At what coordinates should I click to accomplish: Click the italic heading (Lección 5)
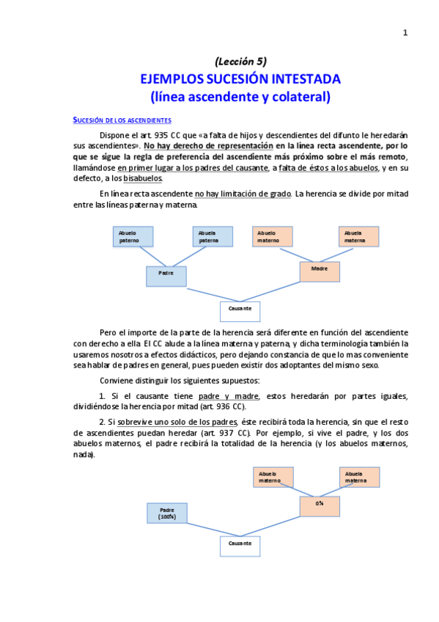(x=240, y=61)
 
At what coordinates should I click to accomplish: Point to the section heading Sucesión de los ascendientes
(x=122, y=120)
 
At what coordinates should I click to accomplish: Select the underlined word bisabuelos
(x=143, y=178)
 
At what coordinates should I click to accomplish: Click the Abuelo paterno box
(x=133, y=235)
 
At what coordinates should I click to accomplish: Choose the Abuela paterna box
(x=213, y=235)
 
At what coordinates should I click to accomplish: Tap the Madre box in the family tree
(x=320, y=271)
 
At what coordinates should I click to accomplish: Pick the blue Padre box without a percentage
(x=166, y=275)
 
